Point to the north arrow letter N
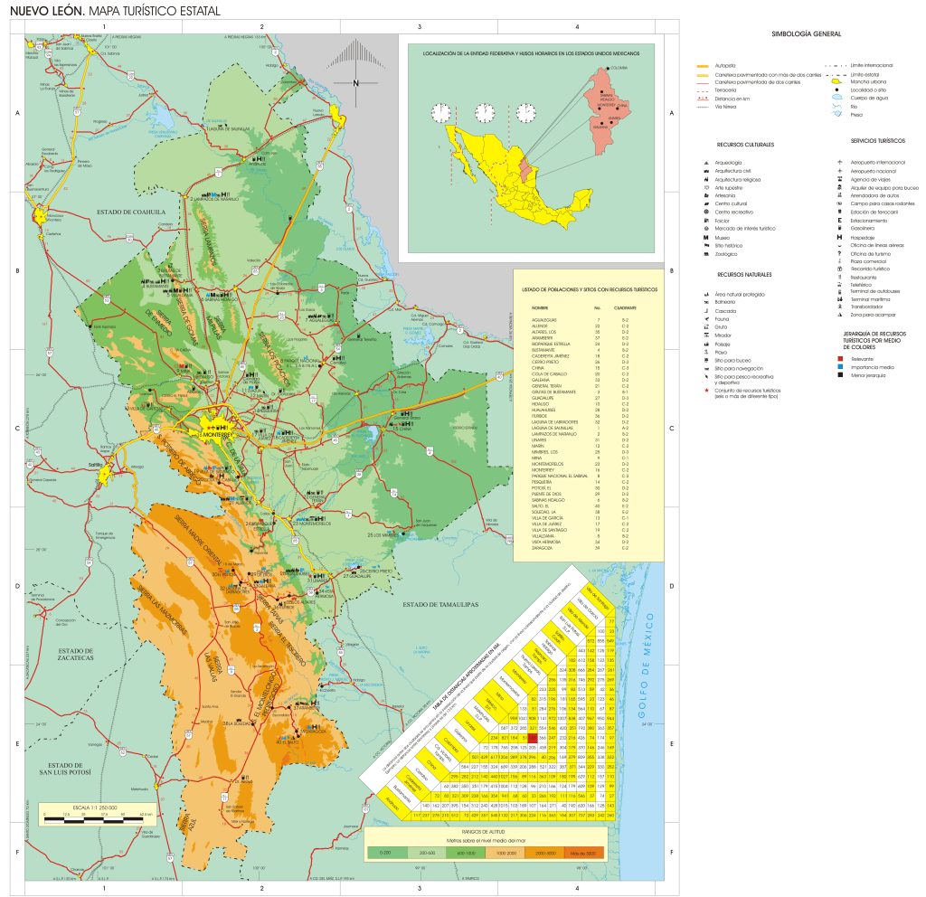[356, 83]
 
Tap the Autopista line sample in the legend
[703, 66]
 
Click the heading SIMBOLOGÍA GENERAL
[806, 34]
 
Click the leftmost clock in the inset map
[440, 113]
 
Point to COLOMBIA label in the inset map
[619, 69]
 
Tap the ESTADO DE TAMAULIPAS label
[440, 603]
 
